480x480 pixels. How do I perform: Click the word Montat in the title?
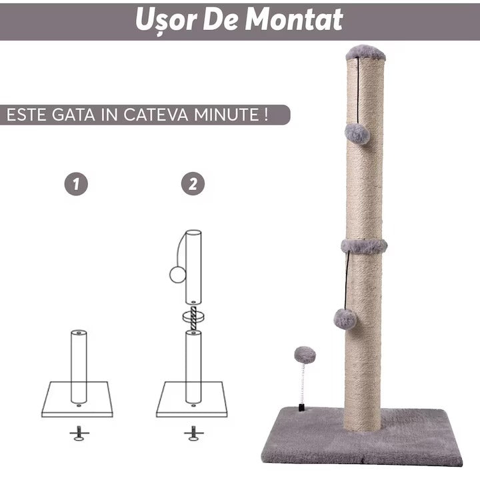294,19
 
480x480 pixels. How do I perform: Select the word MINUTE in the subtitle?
227,115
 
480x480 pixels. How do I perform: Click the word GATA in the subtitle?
73,115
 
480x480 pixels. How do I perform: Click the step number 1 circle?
76,184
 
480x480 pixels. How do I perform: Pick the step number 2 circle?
193,184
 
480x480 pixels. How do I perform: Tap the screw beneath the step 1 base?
79,433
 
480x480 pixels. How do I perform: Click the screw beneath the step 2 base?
193,433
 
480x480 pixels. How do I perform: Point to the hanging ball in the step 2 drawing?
178,274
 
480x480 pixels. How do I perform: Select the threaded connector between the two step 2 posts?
193,319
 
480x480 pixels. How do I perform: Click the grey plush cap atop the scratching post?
365,53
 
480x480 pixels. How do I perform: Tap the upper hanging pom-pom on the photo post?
357,133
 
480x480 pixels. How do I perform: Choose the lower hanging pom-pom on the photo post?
345,319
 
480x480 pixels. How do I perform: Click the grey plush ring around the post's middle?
364,246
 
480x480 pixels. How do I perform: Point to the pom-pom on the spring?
305,355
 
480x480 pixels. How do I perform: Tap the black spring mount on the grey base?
301,408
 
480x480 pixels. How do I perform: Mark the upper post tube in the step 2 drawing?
193,267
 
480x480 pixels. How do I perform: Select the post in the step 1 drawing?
79,367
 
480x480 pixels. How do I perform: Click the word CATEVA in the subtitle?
156,115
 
